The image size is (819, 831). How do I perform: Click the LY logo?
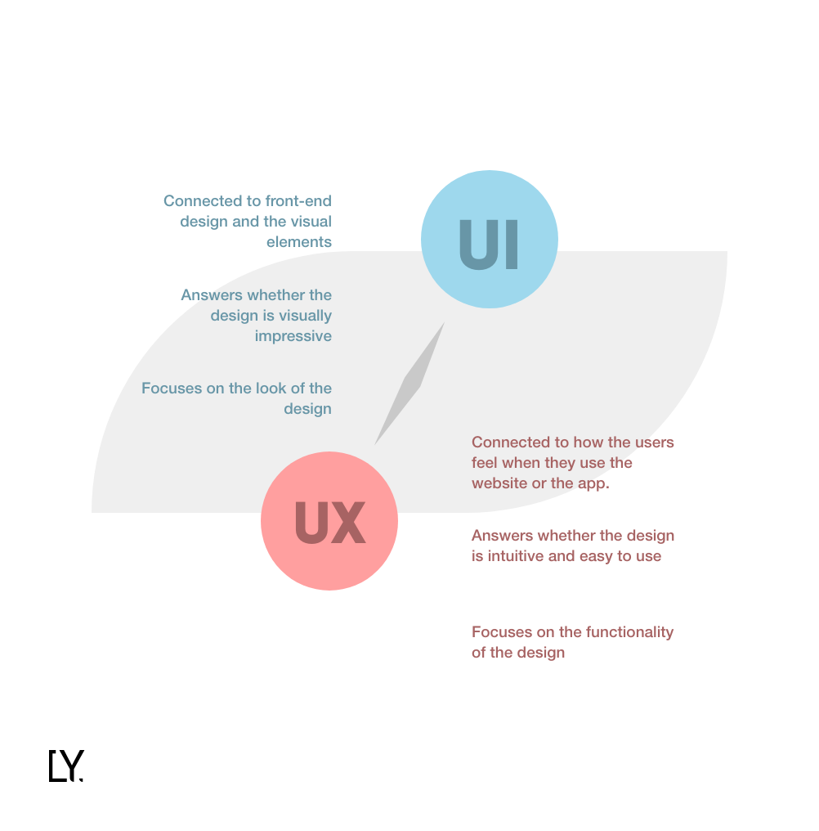pos(66,766)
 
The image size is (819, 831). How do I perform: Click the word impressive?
pos(293,336)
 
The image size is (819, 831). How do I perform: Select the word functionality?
pos(624,632)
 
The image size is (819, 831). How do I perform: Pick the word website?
pos(499,483)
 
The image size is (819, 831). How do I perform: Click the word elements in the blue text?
pos(299,242)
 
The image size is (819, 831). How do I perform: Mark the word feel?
pos(486,463)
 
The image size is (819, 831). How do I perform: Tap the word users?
pos(653,442)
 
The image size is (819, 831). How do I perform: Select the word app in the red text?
pos(593,483)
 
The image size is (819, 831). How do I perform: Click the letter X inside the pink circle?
pos(348,523)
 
